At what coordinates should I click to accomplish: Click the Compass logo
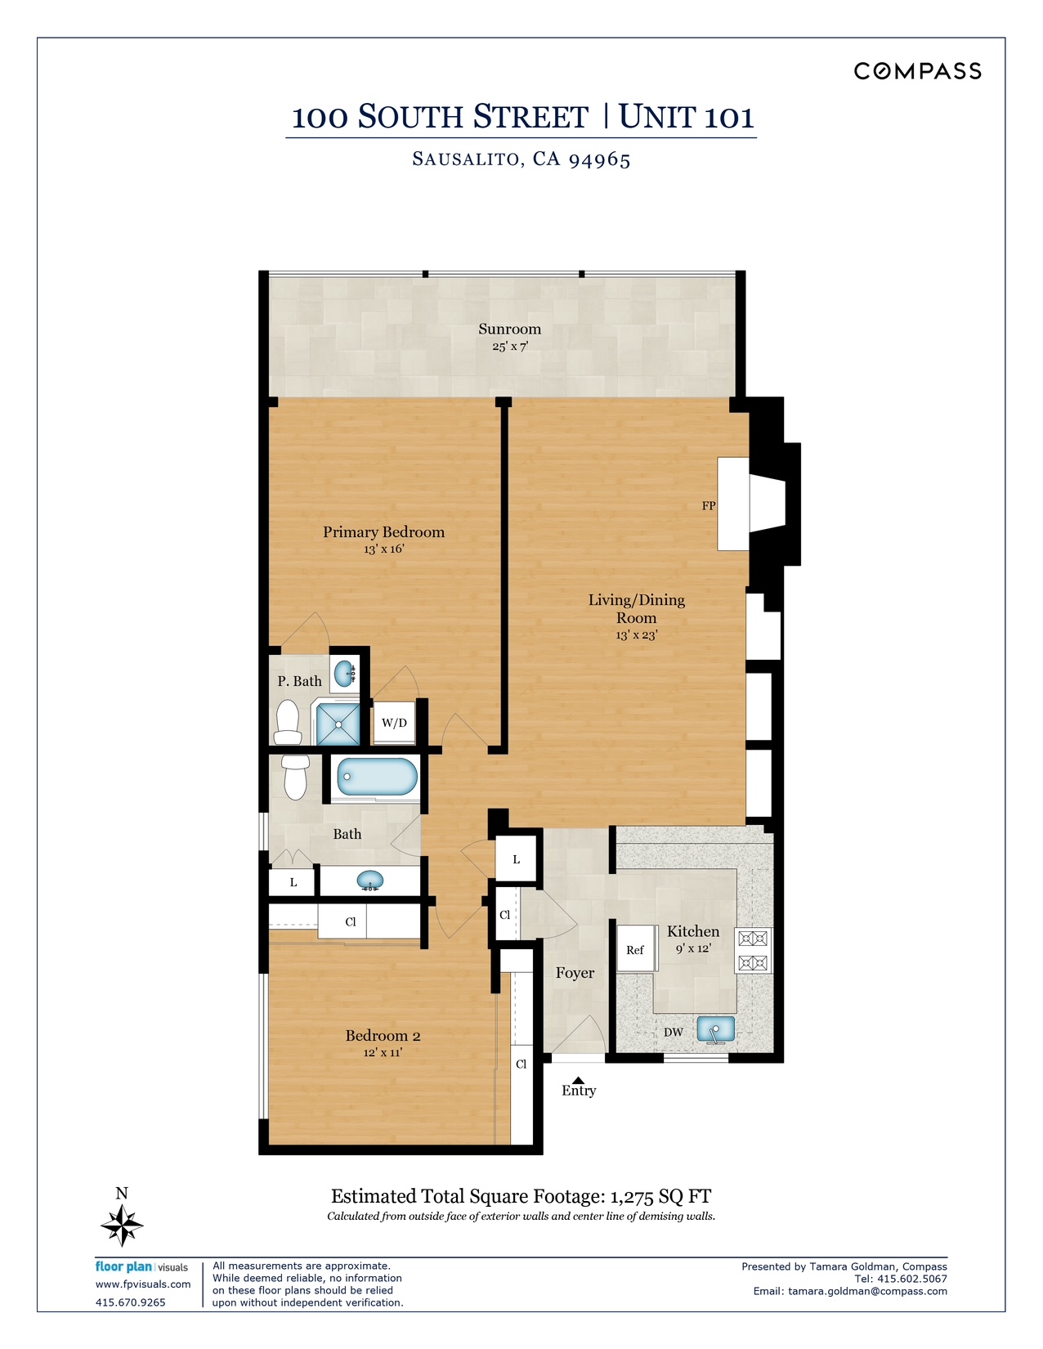click(x=917, y=71)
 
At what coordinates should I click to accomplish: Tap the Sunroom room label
click(x=509, y=329)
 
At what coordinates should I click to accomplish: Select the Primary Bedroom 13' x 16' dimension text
click(x=384, y=549)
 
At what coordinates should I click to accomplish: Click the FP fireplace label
click(x=709, y=505)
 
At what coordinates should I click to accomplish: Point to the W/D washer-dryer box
click(x=394, y=723)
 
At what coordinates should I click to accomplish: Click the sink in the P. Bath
click(x=344, y=674)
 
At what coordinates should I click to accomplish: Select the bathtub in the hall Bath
click(x=376, y=776)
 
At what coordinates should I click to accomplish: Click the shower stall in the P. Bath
click(x=338, y=724)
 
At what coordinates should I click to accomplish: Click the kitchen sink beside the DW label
click(x=715, y=1030)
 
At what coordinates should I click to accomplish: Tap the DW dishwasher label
click(x=674, y=1033)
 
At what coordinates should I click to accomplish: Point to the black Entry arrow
click(x=578, y=1079)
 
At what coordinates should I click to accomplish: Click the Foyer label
click(x=575, y=973)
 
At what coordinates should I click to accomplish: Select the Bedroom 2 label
click(x=383, y=1036)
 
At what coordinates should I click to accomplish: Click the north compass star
click(x=122, y=1225)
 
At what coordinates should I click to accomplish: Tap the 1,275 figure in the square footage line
click(x=632, y=1196)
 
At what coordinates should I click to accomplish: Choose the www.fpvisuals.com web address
click(x=143, y=1284)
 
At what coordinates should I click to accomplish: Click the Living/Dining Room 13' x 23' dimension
click(x=637, y=635)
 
